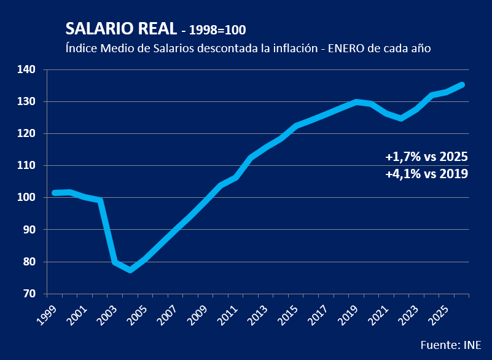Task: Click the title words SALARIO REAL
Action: (x=120, y=29)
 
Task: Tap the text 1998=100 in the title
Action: (x=218, y=31)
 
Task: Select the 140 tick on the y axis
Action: (x=27, y=69)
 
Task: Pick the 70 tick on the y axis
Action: (x=29, y=294)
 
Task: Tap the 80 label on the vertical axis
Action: (x=29, y=262)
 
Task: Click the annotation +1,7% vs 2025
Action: (x=426, y=157)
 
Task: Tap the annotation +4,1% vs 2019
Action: (x=426, y=174)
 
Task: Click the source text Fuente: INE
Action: (x=450, y=343)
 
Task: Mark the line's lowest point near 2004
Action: (x=130, y=270)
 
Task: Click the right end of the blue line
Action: (x=463, y=85)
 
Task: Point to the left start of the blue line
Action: (x=54, y=193)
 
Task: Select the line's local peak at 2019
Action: (x=356, y=102)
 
